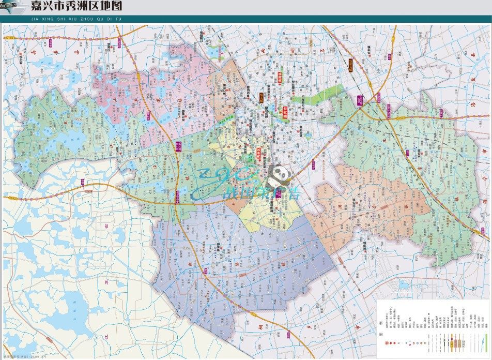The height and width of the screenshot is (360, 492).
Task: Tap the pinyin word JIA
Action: [35, 19]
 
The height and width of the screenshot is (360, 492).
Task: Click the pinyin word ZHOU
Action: [91, 19]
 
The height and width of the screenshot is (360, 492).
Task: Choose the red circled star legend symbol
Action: [387, 343]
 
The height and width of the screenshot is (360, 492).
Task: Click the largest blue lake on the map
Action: [62, 310]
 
